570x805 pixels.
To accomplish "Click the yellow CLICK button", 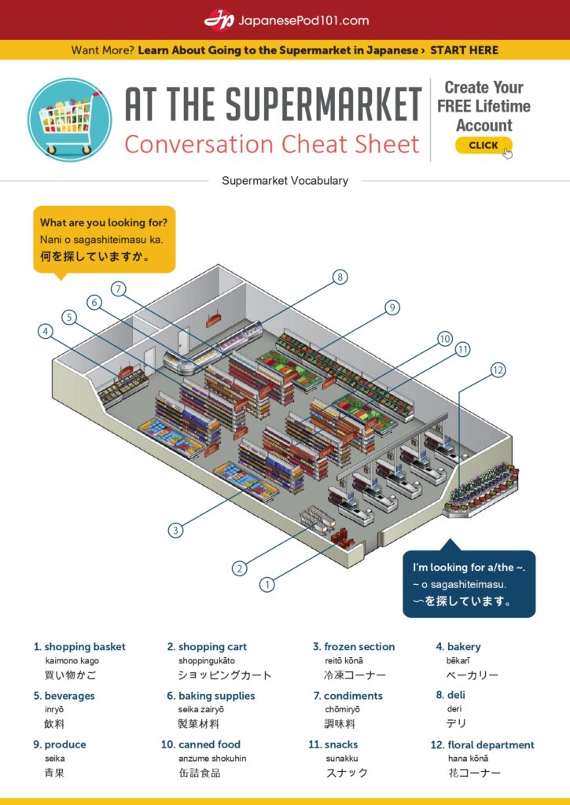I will [483, 145].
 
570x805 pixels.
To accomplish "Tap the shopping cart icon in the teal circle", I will [70, 119].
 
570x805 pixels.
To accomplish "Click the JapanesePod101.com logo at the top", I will [286, 20].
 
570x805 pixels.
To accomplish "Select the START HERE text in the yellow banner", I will [464, 50].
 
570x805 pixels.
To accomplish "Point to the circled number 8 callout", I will [340, 277].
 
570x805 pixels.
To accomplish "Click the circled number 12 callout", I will [498, 369].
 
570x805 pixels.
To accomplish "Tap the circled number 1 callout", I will [267, 584].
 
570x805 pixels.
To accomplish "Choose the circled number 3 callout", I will [176, 530].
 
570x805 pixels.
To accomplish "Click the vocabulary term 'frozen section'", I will [359, 647].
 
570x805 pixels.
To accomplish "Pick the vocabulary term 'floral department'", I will [491, 744].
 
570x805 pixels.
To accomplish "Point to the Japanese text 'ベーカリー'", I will [473, 675].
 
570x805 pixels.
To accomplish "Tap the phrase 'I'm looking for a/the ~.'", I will [469, 567].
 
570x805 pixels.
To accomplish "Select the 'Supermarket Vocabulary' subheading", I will [285, 181].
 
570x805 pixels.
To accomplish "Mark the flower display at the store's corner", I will [481, 489].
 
